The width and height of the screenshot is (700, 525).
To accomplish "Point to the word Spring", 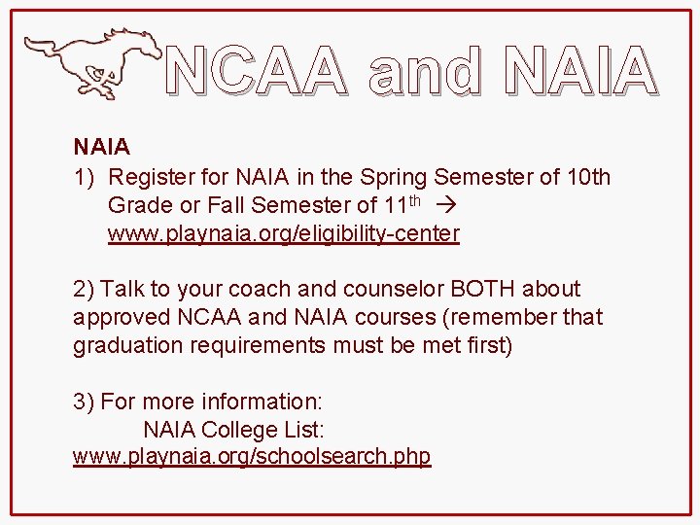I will coord(395,177).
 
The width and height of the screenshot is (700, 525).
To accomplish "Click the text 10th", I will coord(588,177).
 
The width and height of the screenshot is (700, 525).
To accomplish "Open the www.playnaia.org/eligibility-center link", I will coord(283,233).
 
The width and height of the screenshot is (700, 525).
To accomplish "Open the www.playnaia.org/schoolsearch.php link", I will coord(252,456).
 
